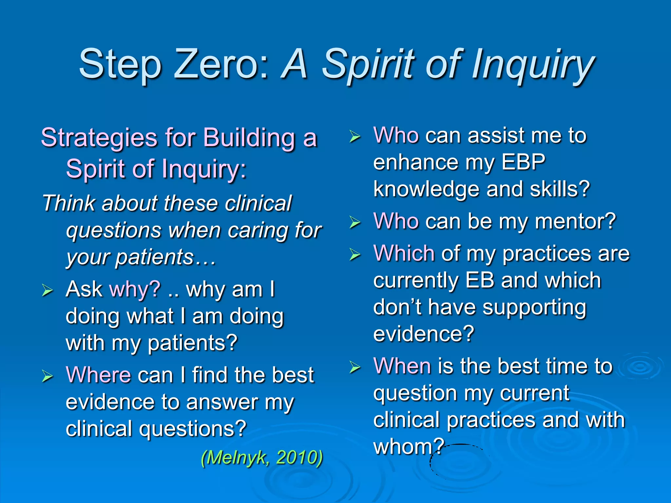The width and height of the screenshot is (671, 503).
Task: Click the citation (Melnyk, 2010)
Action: click(x=262, y=457)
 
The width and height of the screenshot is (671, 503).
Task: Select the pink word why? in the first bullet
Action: click(x=135, y=289)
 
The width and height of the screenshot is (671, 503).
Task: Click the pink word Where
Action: click(x=98, y=375)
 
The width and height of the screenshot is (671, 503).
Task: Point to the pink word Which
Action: click(x=404, y=253)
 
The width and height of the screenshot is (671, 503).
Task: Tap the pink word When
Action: click(x=402, y=366)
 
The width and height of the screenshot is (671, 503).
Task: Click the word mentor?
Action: click(x=576, y=222)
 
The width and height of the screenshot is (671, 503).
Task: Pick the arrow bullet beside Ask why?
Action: click(x=47, y=290)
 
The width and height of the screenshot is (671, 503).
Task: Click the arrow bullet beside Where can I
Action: click(x=47, y=376)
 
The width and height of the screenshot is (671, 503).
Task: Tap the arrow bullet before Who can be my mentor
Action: click(x=355, y=222)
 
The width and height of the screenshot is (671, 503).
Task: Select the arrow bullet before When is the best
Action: click(x=355, y=367)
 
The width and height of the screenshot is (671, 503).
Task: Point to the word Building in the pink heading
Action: click(x=249, y=138)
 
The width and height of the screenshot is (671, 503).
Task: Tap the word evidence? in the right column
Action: click(x=423, y=334)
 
